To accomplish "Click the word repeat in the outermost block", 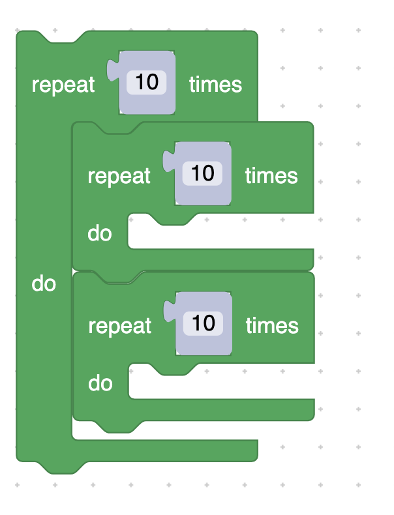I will pos(63,85).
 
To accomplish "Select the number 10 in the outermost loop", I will pos(147,83).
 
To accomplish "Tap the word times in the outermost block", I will pos(215,85).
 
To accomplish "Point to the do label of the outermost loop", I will pos(44,284).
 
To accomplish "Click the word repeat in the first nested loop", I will pos(119,176).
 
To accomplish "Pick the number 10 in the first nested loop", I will pos(203,173).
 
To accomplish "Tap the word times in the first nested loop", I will pos(271,176).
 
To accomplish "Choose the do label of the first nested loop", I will pos(100,233).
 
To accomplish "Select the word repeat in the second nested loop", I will pos(120,326).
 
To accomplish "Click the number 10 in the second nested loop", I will pos(204,323).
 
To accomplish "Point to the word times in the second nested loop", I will pos(272,326).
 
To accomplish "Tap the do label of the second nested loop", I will pos(100,383).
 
